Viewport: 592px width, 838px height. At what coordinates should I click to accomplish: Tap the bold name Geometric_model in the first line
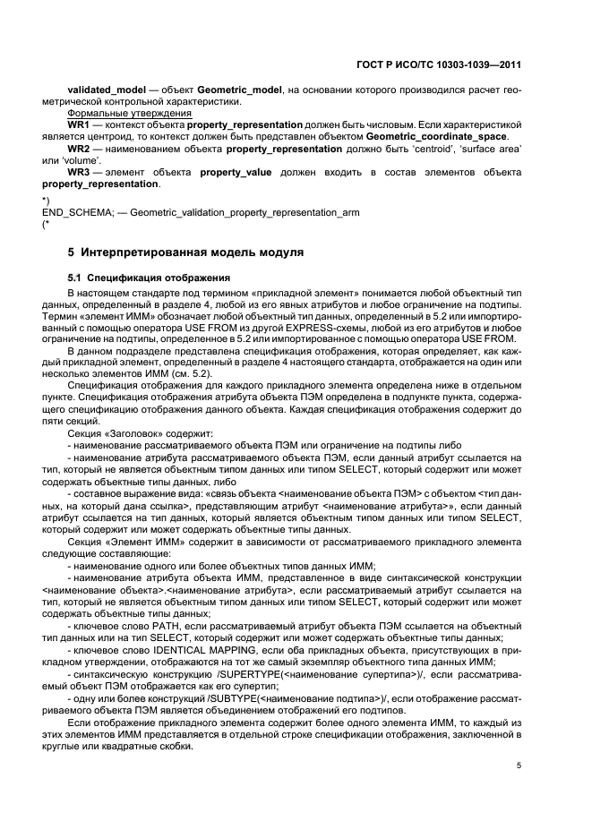(234, 90)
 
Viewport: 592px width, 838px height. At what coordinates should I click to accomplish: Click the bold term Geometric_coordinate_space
(436, 136)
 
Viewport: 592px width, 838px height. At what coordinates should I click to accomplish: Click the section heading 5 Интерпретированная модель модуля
(185, 252)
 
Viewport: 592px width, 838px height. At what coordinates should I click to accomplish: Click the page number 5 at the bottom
(519, 765)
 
